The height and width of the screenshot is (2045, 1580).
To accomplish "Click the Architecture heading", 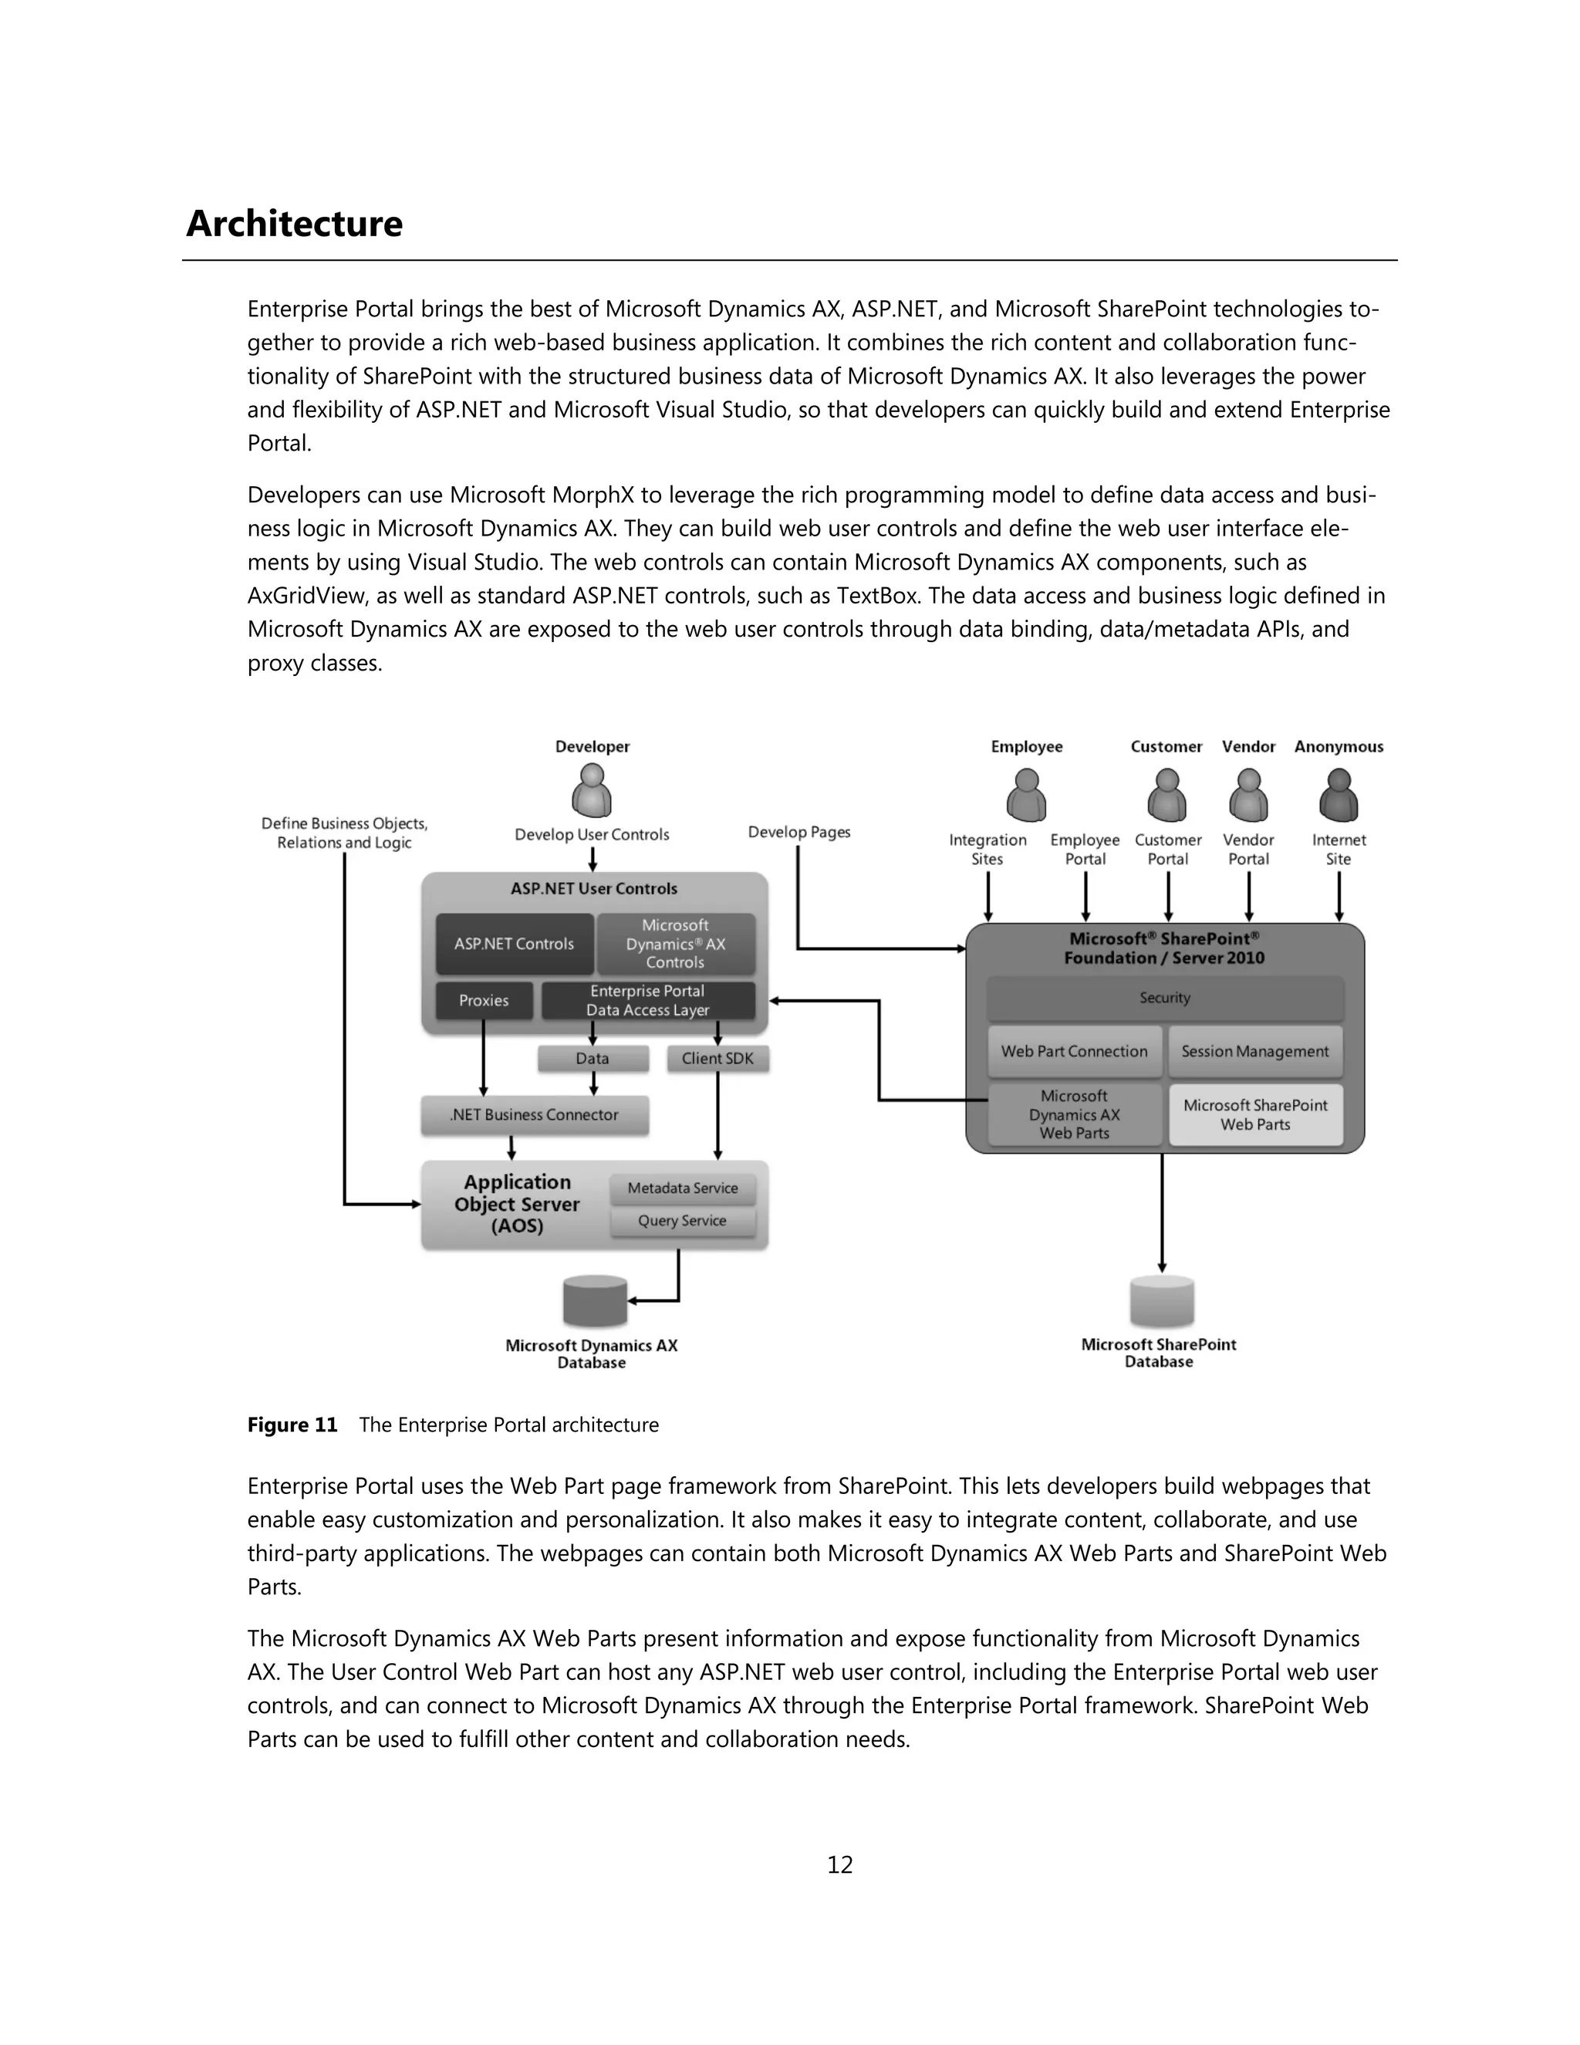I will click(x=294, y=224).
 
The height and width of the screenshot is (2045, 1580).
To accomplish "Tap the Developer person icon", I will click(x=592, y=790).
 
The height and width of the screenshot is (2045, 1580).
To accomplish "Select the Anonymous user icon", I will click(x=1339, y=794).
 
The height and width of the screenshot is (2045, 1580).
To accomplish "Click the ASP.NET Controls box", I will click(x=514, y=944).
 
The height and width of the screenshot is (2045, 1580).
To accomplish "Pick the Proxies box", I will click(x=484, y=1001).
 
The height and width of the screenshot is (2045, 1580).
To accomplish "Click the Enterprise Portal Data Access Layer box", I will click(x=648, y=1001).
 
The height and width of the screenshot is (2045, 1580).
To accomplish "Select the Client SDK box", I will click(x=718, y=1059).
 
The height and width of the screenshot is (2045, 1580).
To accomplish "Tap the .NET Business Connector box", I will click(x=535, y=1115).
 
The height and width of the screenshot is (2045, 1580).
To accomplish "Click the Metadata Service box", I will click(x=682, y=1188).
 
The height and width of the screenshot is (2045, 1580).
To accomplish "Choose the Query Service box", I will click(x=682, y=1221).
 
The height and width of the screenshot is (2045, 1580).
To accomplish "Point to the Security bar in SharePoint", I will click(x=1164, y=998).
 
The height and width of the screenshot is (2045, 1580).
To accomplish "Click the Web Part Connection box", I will click(x=1075, y=1052).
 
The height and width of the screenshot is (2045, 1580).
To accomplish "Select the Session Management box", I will click(x=1255, y=1052).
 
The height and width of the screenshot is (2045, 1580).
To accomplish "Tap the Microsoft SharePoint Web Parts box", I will click(x=1255, y=1115).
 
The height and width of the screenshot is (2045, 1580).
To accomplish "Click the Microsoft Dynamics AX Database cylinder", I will click(x=594, y=1300).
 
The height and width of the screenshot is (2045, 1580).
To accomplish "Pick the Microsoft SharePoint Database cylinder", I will click(x=1162, y=1300).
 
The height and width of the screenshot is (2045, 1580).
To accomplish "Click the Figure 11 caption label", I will click(x=292, y=1425).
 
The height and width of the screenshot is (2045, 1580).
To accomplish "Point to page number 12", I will click(x=839, y=1865).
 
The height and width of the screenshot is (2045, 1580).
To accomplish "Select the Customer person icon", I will click(x=1166, y=794).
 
